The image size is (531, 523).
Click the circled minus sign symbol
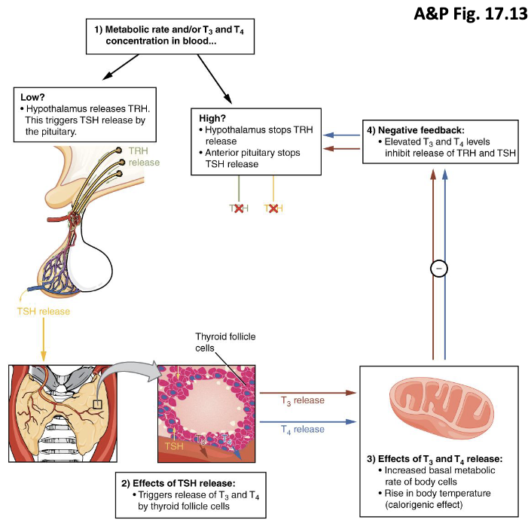click(x=439, y=267)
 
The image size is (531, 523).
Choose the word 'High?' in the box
click(x=213, y=118)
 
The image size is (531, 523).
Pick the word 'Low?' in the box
click(x=32, y=97)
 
